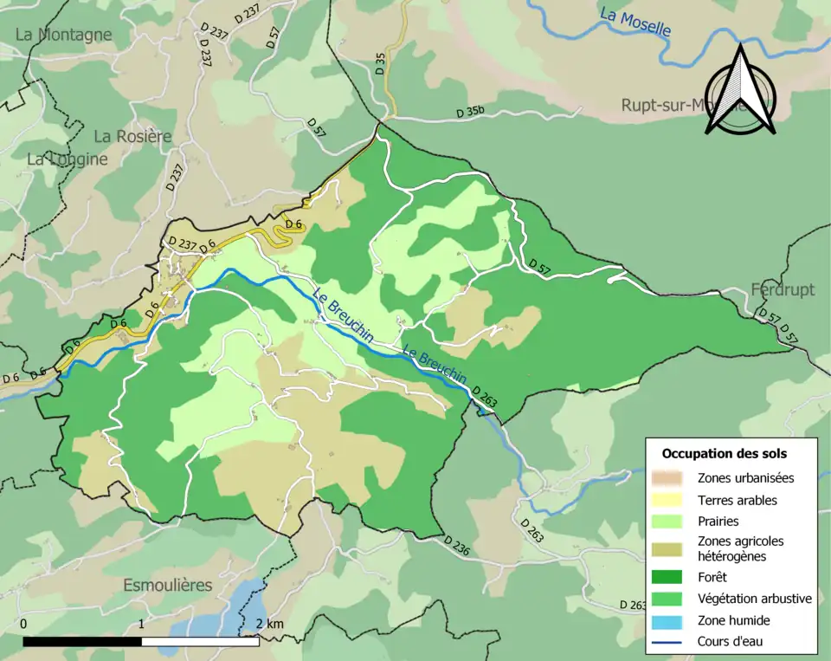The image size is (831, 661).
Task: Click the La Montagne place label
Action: click(64, 35)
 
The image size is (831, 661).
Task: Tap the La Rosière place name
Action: click(132, 136)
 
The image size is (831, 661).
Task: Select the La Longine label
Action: click(68, 159)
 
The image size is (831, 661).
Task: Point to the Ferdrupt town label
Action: click(783, 289)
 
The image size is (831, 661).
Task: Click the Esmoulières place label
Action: click(167, 585)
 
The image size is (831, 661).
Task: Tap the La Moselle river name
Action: click(635, 23)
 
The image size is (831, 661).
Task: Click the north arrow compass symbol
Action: click(739, 91)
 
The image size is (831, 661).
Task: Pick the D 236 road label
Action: click(456, 545)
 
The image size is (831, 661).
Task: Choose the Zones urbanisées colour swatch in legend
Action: click(668, 477)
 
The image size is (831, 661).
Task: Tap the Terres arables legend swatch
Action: click(668, 500)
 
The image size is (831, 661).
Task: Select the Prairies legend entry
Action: click(718, 522)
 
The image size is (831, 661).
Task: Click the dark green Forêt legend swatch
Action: click(668, 576)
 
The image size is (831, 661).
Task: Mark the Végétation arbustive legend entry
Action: click(754, 598)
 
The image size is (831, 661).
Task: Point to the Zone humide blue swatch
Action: click(668, 620)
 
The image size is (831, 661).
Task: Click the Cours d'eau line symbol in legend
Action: click(668, 642)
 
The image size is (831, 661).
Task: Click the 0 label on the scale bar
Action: click(23, 624)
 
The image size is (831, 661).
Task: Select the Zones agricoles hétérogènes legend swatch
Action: click(668, 548)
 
